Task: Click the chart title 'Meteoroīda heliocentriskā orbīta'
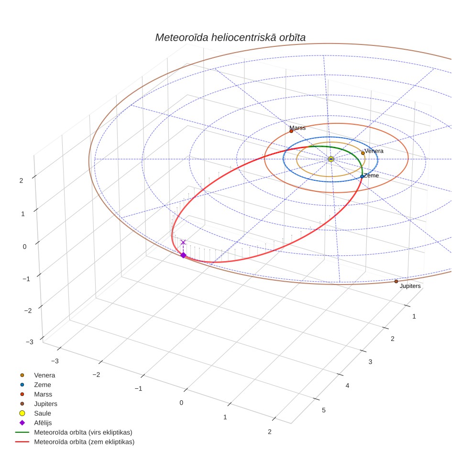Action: point(230,37)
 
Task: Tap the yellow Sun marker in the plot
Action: point(331,159)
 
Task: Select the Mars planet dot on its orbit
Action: point(291,131)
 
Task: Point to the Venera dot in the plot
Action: point(363,153)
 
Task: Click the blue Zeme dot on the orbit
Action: point(362,176)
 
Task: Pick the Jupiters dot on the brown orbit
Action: point(396,281)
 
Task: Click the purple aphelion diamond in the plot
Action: point(183,255)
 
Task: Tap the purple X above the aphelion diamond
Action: point(183,242)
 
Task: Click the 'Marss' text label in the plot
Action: point(297,128)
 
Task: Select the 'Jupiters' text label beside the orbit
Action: point(410,286)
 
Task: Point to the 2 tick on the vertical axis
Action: point(21,180)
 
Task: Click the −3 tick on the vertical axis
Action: point(30,342)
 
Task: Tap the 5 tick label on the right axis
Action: point(324,410)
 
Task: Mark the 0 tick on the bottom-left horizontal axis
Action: point(181,403)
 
